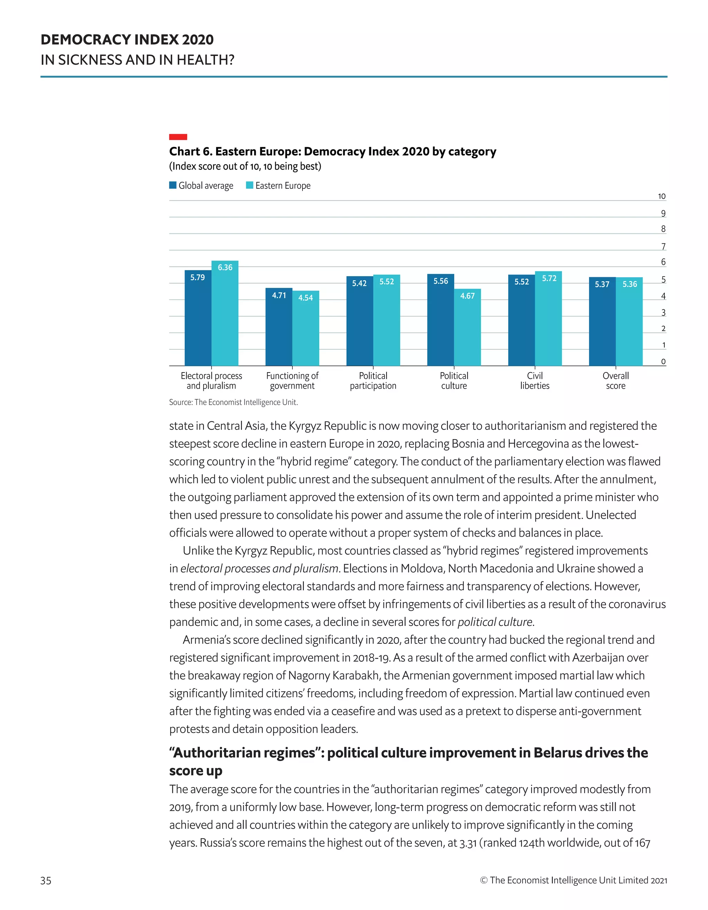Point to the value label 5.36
tap(630, 284)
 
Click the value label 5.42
tap(359, 283)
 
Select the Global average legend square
tap(173, 185)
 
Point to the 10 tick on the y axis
tap(661, 196)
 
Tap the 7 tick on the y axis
tap(663, 246)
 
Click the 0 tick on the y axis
tap(663, 361)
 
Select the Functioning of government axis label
tap(292, 381)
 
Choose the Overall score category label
tap(615, 381)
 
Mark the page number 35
tap(46, 880)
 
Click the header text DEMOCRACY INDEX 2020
tap(127, 40)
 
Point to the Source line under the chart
tap(233, 402)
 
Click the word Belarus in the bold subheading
tap(557, 752)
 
